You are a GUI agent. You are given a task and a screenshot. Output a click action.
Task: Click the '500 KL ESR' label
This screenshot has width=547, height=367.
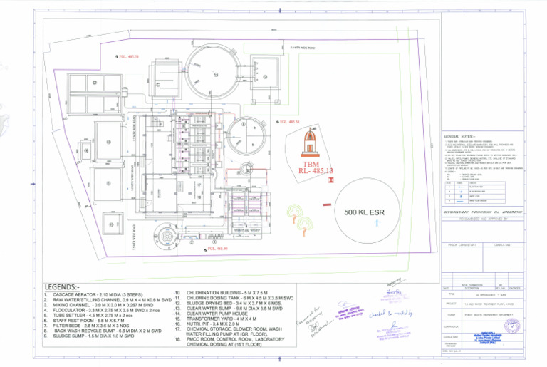(x=369, y=212)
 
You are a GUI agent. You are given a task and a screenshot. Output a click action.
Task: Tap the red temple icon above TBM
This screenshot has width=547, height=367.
(x=309, y=145)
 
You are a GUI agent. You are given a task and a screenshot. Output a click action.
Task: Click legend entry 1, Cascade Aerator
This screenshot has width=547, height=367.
(x=100, y=294)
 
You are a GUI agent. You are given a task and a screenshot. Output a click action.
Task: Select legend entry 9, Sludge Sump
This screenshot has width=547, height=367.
(x=99, y=335)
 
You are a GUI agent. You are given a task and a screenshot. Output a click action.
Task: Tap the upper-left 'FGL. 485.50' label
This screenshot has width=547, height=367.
(x=128, y=56)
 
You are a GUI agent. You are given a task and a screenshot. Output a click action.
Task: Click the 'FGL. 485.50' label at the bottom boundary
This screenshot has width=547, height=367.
(x=217, y=249)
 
